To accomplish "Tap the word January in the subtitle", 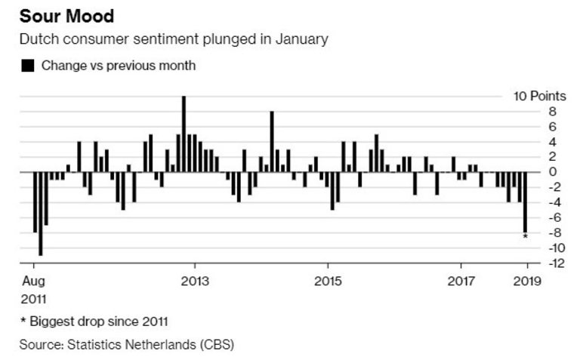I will (302, 38).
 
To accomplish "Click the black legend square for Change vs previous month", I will (27, 66).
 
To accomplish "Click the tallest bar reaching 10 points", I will (184, 134).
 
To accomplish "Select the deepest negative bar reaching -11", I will (40, 214).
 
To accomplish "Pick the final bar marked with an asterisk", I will (526, 202).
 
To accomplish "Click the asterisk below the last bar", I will (526, 238).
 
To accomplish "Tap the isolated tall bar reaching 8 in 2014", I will (272, 141).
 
